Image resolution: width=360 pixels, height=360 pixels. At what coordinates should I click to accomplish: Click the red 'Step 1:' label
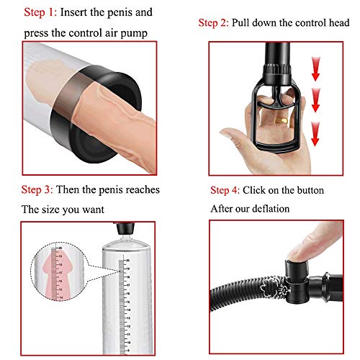click(x=40, y=12)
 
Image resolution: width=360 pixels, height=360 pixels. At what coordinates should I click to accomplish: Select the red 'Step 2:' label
click(x=213, y=23)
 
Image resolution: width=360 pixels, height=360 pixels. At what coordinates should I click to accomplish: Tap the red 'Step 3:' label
click(x=37, y=189)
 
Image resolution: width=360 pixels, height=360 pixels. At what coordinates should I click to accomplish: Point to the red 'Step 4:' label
click(x=225, y=190)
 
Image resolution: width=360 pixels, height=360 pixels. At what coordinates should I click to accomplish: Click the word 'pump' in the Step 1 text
click(x=134, y=33)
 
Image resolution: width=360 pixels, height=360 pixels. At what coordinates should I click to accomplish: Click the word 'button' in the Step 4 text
click(x=310, y=190)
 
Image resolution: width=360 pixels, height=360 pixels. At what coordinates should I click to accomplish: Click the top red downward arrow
click(x=315, y=69)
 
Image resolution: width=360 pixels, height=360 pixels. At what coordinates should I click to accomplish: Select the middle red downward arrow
click(x=315, y=100)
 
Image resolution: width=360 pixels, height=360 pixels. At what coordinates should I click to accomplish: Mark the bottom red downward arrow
click(x=315, y=134)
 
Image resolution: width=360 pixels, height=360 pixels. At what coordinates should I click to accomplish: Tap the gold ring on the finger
click(x=282, y=120)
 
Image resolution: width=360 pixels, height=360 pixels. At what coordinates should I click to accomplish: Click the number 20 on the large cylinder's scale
click(x=128, y=260)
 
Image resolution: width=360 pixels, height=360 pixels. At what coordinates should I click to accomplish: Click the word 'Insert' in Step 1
click(x=73, y=12)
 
